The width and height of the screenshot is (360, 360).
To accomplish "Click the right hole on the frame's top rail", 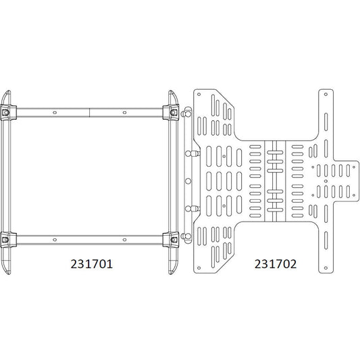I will pos(124,111).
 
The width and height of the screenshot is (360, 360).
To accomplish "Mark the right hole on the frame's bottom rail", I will pos(124,238).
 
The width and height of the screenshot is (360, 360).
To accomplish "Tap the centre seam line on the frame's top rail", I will pos(91,111).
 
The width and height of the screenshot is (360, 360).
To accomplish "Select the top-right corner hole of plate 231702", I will pos(330,93).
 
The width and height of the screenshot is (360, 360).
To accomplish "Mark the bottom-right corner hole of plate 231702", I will pos(330,269).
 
